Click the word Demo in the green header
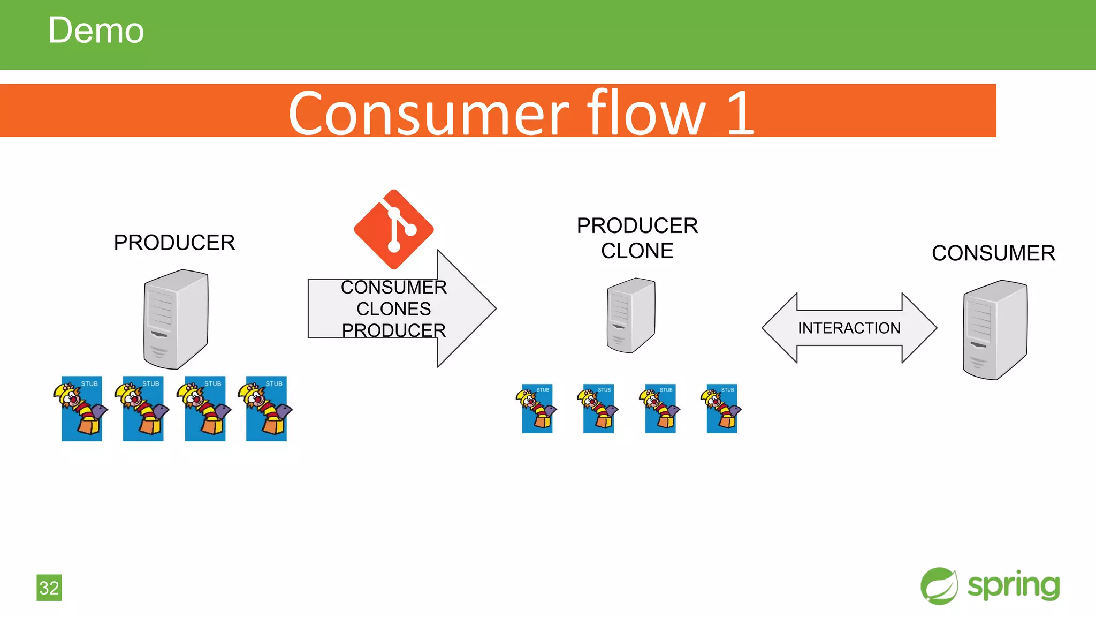[x=96, y=31]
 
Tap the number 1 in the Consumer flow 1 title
[x=741, y=113]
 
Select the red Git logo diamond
[x=394, y=229]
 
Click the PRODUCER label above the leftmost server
[x=174, y=243]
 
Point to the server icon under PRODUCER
[x=176, y=319]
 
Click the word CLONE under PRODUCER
[x=637, y=251]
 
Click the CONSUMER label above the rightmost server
[x=993, y=253]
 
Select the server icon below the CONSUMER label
[x=995, y=329]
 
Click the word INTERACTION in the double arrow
[x=849, y=328]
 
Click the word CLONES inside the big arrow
[x=394, y=309]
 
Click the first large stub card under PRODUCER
[x=82, y=409]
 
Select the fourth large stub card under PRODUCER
[x=267, y=409]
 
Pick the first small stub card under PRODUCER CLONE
[x=537, y=409]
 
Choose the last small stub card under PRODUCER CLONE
[x=721, y=409]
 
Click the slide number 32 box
[x=49, y=588]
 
